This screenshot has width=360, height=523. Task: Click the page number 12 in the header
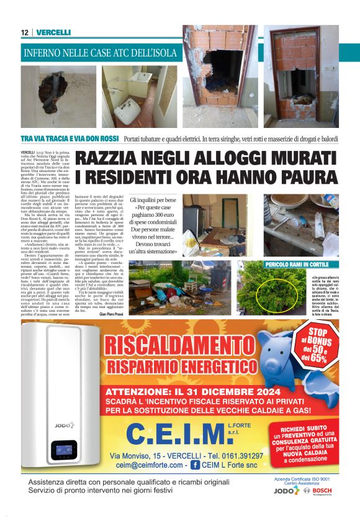[x=24, y=32]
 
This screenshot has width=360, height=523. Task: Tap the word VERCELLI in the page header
[x=53, y=32]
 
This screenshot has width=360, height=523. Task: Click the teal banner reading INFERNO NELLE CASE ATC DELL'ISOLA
[x=101, y=53]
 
